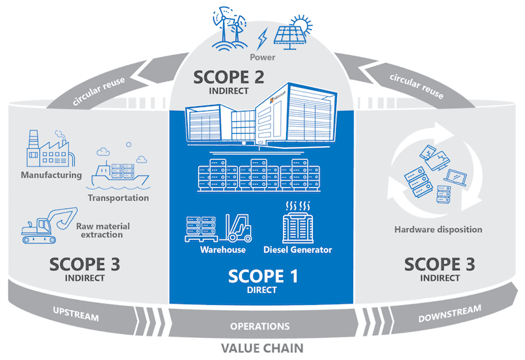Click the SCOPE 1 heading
pyautogui.click(x=262, y=276)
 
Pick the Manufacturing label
pyautogui.click(x=51, y=175)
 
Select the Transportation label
pyautogui.click(x=118, y=198)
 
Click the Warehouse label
pyautogui.click(x=224, y=250)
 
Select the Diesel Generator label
pyautogui.click(x=298, y=250)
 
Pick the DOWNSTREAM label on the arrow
pyautogui.click(x=450, y=314)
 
